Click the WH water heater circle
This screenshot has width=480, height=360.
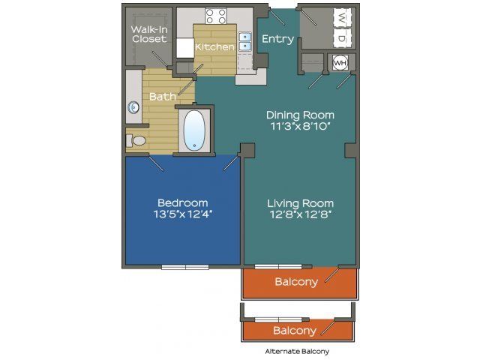pyautogui.click(x=340, y=63)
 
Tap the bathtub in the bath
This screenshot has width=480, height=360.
pyautogui.click(x=194, y=130)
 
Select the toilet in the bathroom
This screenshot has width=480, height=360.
pyautogui.click(x=136, y=140)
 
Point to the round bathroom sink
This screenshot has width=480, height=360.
pyautogui.click(x=133, y=108)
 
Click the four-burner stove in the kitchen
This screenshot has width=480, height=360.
pyautogui.click(x=216, y=16)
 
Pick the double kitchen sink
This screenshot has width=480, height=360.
pyautogui.click(x=245, y=41)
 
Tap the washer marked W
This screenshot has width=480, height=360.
pyautogui.click(x=342, y=18)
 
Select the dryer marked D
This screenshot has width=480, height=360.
pyautogui.click(x=342, y=38)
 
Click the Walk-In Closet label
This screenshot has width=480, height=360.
pyautogui.click(x=149, y=34)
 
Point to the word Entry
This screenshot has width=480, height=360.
pyautogui.click(x=278, y=39)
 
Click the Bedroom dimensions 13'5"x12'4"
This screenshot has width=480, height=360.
pyautogui.click(x=183, y=214)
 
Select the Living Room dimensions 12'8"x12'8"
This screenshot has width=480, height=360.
pyautogui.click(x=301, y=214)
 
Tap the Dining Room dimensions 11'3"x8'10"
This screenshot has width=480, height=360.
pyautogui.click(x=300, y=126)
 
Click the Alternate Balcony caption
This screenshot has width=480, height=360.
pyautogui.click(x=297, y=352)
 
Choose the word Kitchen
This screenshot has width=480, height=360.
pyautogui.click(x=214, y=46)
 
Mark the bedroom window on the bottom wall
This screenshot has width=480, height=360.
pyautogui.click(x=185, y=267)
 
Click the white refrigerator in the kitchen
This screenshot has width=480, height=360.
pyautogui.click(x=185, y=48)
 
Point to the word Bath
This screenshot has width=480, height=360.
pyautogui.click(x=163, y=97)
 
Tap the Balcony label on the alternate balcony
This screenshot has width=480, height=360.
pyautogui.click(x=295, y=331)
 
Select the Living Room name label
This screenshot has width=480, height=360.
pyautogui.click(x=300, y=203)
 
